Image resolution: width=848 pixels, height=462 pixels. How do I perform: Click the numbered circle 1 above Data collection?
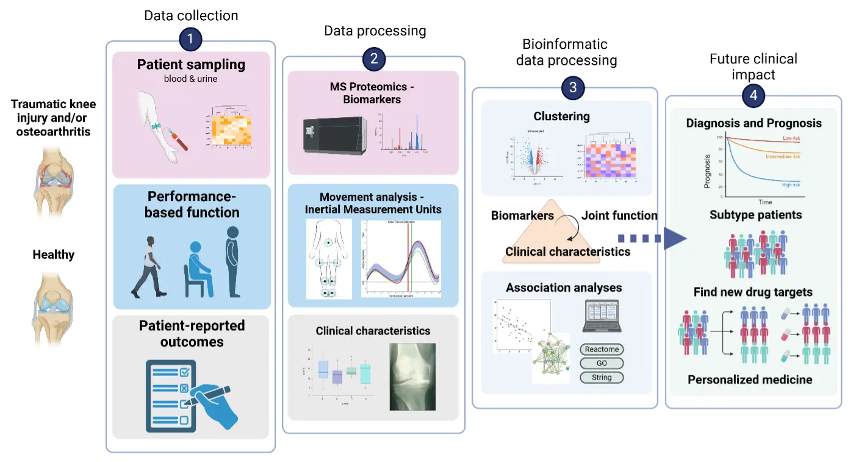click(x=190, y=40)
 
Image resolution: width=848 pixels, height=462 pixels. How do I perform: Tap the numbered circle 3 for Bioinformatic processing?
click(x=573, y=87)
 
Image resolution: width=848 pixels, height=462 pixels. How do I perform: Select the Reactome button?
click(x=602, y=350)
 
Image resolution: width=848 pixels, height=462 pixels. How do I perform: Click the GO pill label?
click(x=602, y=363)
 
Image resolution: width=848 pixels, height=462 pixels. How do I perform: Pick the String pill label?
click(x=602, y=377)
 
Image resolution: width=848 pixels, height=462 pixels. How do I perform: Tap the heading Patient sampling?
click(x=191, y=65)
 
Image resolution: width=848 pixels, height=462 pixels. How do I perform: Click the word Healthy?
click(x=53, y=254)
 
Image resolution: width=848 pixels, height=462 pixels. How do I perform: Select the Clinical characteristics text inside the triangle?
click(x=567, y=251)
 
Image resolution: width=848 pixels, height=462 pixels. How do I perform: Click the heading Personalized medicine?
click(x=750, y=380)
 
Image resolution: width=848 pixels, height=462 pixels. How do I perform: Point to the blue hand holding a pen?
click(x=214, y=403)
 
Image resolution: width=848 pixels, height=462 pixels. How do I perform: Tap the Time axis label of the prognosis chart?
click(x=765, y=202)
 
